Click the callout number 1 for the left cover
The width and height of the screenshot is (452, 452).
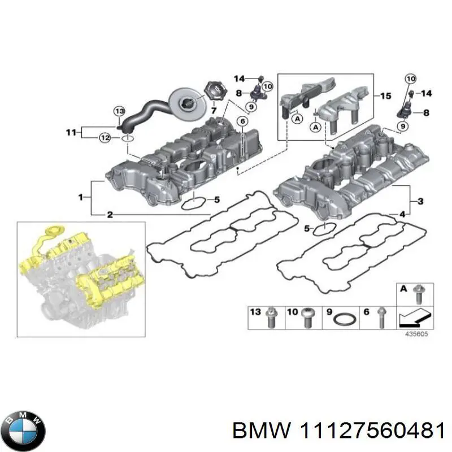coord(80,197)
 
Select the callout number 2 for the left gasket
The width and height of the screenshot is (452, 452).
coord(110,215)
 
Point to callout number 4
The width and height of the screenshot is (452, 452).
coord(402,214)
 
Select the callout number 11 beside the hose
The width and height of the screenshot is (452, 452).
coord(70,133)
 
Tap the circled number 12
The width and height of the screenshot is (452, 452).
coord(105,137)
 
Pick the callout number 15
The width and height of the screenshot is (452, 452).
coord(385,96)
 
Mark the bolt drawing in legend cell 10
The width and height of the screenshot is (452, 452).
coord(307,318)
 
